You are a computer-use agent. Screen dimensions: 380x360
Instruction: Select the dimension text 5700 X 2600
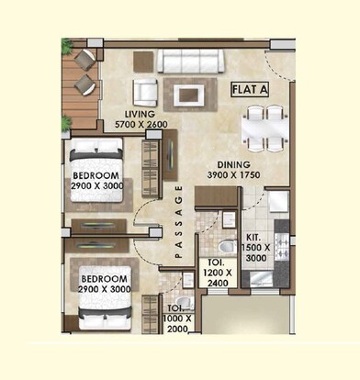pos(141,124)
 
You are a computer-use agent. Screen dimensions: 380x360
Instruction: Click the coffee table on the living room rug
pos(190,93)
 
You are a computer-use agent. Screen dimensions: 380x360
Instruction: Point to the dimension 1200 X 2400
pos(217,276)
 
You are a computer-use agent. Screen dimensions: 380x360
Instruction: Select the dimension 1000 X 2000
pos(177,321)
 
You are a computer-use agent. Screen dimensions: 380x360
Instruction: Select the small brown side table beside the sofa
pos(144,61)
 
